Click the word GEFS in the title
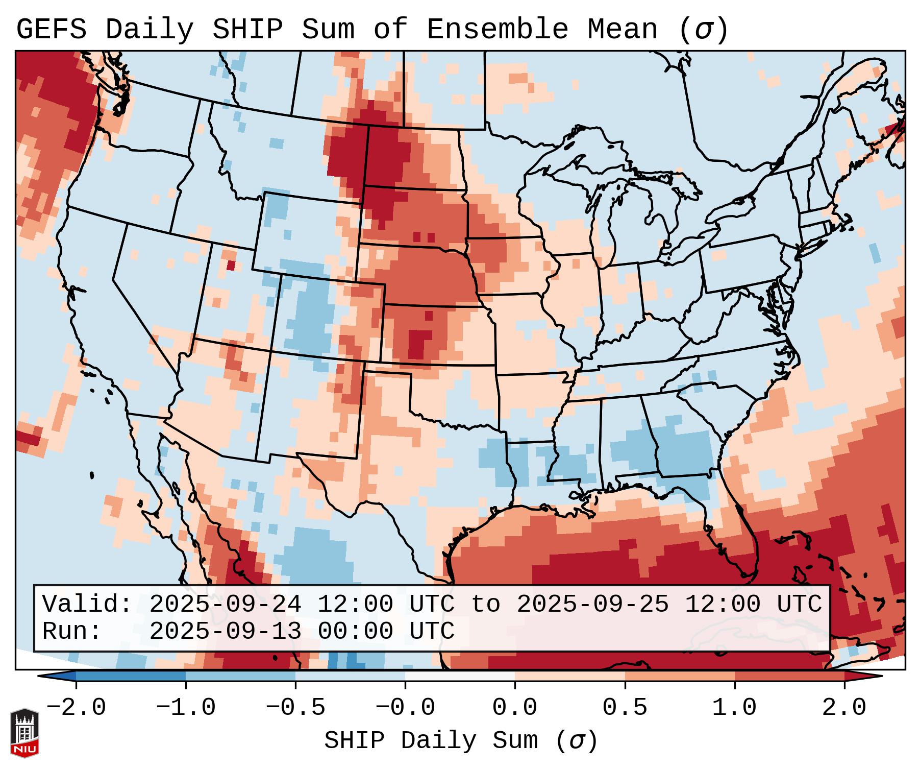(x=51, y=30)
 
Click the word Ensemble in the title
(x=497, y=30)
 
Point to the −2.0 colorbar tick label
(x=76, y=708)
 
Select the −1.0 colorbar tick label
(x=186, y=708)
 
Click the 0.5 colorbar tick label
(x=625, y=708)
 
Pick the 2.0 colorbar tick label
(x=844, y=708)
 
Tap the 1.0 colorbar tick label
(x=735, y=708)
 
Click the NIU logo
(x=24, y=733)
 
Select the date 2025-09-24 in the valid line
(x=225, y=605)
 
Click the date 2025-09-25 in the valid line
(x=592, y=605)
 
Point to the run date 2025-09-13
(x=225, y=631)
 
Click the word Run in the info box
(x=68, y=631)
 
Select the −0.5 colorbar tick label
(x=295, y=708)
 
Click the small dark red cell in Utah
(x=231, y=266)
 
